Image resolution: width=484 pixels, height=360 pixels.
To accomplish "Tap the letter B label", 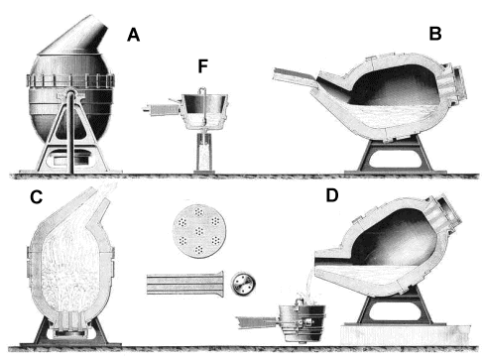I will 434,34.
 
